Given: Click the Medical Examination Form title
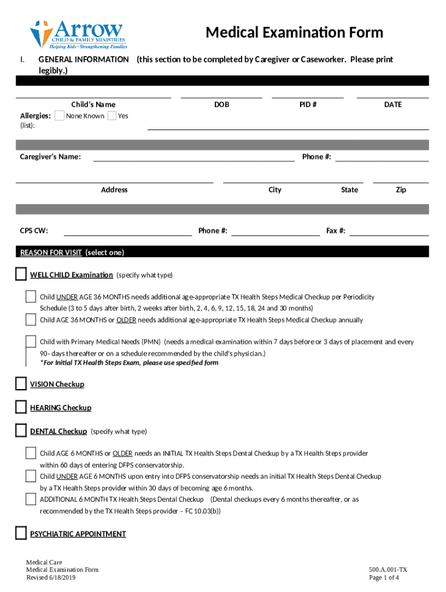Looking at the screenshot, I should pos(294,32).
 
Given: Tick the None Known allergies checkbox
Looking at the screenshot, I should pos(59,116).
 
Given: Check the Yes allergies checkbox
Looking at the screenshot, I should pos(112,116).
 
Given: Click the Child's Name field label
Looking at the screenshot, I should pos(93,105).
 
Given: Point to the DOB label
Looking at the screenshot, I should pos(221,105).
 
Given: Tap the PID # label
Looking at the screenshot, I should pos(308,105).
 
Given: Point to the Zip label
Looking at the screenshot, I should pos(401,190).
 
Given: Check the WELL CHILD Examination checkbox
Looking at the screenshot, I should pos(21,274).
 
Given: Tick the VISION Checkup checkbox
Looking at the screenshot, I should pos(21,384).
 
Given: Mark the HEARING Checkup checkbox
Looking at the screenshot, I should pos(21,408).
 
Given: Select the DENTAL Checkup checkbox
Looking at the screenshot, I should pos(21,431).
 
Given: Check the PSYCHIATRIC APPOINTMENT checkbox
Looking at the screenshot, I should pos(21,533).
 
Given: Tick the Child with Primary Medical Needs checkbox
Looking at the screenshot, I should pos(31,342).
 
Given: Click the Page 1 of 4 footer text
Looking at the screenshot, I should pos(384,578).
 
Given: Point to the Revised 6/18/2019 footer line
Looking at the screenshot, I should pos(51,578).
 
